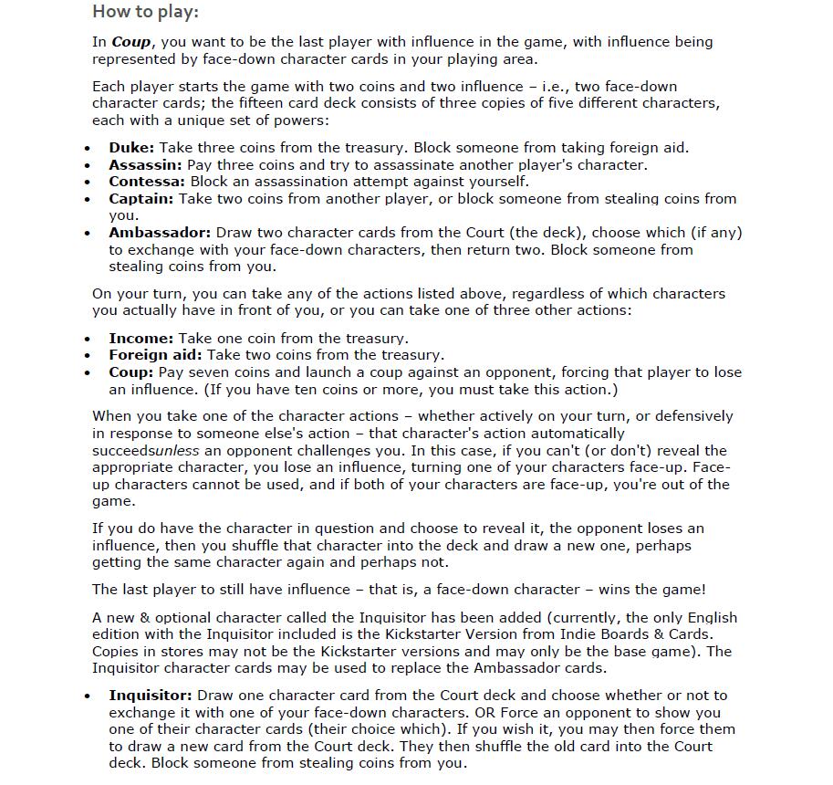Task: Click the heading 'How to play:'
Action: pos(145,13)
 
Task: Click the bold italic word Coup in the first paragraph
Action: pos(131,42)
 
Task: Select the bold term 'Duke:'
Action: pos(131,148)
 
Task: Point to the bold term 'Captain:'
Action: pos(141,199)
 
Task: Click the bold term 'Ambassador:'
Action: pos(160,233)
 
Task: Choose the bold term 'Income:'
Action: pos(141,338)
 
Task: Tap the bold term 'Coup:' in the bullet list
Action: pos(131,372)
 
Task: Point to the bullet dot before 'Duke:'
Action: pos(88,149)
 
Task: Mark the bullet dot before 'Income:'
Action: pos(88,339)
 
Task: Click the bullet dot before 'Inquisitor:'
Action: pos(88,696)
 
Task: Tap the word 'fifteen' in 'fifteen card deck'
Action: pos(265,103)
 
